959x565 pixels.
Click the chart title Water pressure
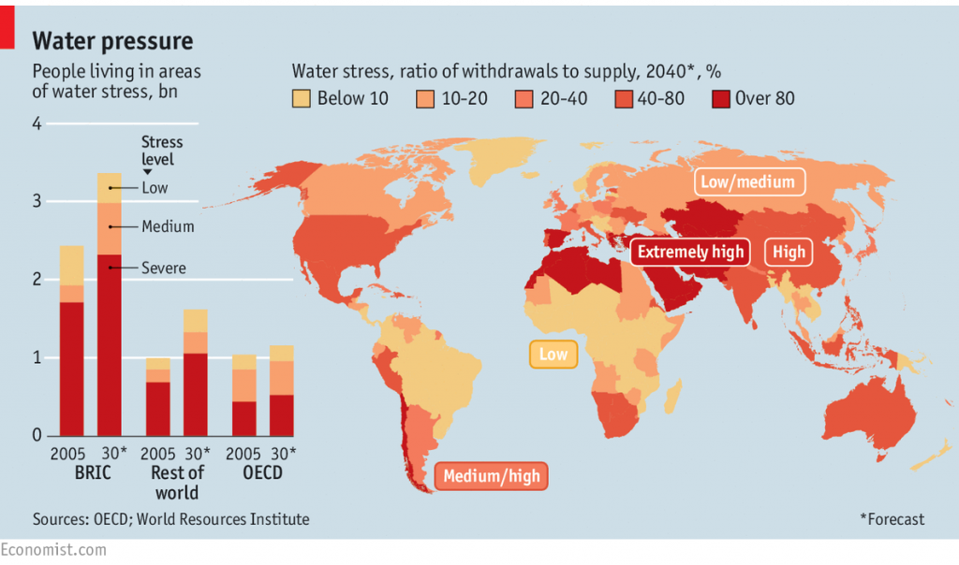[112, 41]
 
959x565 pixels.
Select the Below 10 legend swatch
[301, 98]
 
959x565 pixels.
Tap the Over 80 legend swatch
[721, 98]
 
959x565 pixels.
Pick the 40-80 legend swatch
[623, 98]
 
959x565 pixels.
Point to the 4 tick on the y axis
[37, 123]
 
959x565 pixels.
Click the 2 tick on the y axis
[37, 280]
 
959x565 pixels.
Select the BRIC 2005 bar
[71, 341]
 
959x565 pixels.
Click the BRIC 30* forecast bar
[110, 305]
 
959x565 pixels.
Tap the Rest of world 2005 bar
[158, 397]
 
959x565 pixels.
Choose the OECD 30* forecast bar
[282, 391]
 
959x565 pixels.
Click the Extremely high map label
[690, 252]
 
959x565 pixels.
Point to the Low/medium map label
[749, 182]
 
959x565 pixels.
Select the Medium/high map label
[492, 476]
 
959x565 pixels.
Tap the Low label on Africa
[553, 355]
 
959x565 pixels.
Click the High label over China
[789, 252]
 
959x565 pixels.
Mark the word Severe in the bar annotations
[164, 268]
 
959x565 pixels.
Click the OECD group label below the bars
[263, 473]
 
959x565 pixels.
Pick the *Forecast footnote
[892, 519]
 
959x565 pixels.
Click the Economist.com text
[53, 550]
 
